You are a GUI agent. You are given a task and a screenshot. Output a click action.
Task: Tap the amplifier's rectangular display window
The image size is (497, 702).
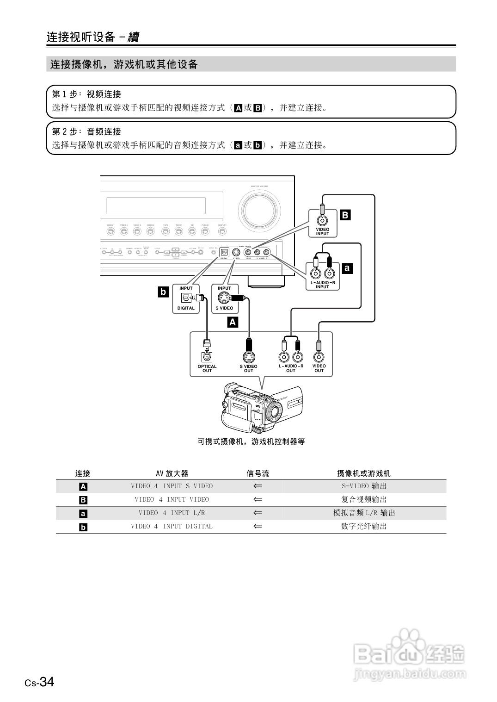click(x=156, y=205)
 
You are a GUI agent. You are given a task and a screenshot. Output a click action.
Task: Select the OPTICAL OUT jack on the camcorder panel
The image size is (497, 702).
click(x=207, y=357)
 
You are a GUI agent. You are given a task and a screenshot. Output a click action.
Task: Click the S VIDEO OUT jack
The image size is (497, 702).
click(x=249, y=357)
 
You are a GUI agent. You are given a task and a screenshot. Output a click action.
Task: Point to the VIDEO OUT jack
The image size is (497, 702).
click(x=319, y=357)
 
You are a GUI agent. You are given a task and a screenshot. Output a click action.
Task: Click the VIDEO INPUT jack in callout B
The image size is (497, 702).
click(x=322, y=220)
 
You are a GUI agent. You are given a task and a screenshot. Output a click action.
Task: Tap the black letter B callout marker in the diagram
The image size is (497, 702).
click(x=345, y=215)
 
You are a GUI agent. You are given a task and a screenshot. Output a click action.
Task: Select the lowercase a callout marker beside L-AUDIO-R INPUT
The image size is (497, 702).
click(x=347, y=267)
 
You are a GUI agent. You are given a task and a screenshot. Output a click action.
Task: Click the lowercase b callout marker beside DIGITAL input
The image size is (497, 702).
click(x=163, y=292)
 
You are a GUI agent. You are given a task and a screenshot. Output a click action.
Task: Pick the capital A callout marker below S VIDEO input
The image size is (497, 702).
click(x=233, y=322)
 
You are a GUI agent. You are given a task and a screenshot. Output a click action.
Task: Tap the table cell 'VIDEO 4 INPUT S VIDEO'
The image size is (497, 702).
click(x=172, y=486)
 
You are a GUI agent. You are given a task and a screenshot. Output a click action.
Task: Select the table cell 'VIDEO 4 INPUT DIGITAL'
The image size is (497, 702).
click(x=172, y=526)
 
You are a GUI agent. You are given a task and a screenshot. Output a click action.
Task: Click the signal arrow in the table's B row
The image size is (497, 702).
click(x=258, y=499)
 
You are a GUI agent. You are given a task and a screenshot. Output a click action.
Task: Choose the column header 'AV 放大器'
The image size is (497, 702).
click(x=172, y=473)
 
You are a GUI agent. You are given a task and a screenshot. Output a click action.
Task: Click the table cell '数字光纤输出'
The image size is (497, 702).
click(x=364, y=526)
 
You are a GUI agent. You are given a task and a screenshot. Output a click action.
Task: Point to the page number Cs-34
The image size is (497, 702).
click(x=40, y=682)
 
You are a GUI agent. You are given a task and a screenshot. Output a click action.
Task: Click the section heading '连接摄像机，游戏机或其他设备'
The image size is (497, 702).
click(x=124, y=64)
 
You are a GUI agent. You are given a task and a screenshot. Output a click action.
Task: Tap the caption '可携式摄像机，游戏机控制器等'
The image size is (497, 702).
click(x=251, y=441)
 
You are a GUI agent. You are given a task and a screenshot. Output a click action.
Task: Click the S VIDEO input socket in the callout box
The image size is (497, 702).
click(x=224, y=298)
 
